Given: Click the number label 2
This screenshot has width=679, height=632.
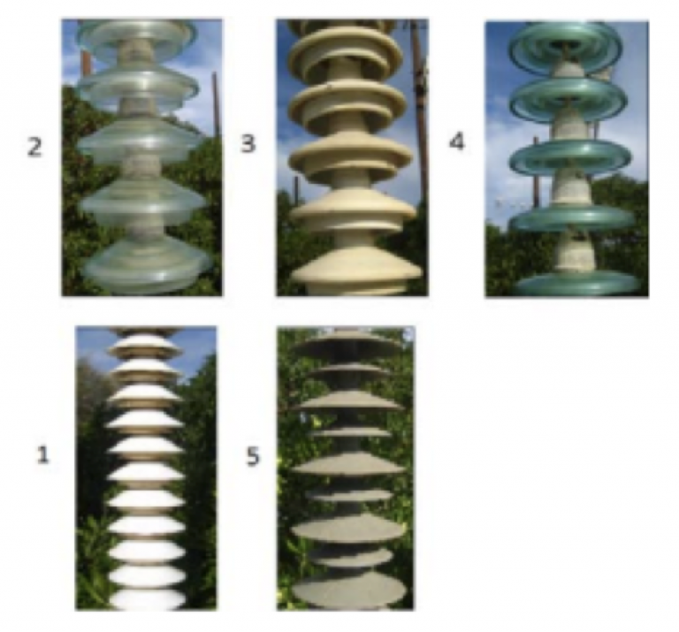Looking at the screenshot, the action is [x=34, y=147].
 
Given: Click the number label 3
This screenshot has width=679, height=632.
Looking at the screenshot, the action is [x=248, y=143].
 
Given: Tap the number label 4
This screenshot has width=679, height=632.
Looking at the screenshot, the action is [x=457, y=141].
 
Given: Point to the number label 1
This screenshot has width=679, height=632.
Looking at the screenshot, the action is [x=42, y=455].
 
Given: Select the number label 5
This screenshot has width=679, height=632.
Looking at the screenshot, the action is [x=253, y=456].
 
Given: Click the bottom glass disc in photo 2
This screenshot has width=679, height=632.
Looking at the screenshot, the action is [x=148, y=262].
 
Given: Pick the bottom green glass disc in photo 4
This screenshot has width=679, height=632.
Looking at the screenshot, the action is [x=578, y=284].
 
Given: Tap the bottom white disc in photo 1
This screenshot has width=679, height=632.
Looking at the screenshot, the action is [x=148, y=599].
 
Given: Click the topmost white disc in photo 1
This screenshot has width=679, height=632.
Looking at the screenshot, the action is [x=147, y=345].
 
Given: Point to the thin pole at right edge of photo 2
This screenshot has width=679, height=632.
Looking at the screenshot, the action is [x=215, y=104].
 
